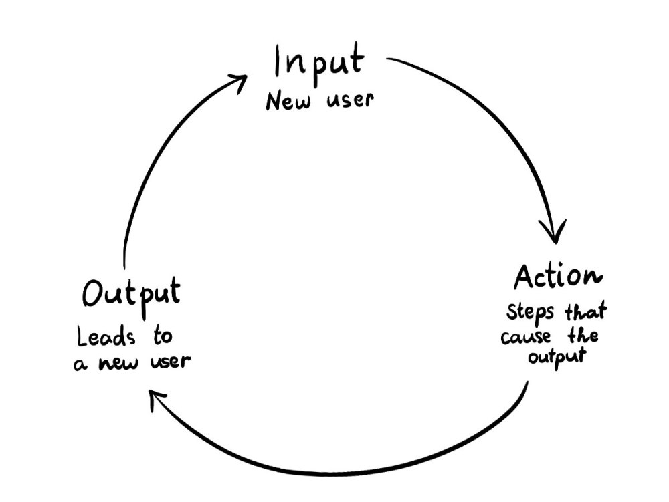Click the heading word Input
319,64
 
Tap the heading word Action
558,277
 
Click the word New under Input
288,101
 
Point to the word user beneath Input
351,100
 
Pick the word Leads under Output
106,337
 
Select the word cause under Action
526,337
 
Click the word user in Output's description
170,362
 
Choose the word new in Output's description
118,364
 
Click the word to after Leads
163,336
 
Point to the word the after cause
583,336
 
